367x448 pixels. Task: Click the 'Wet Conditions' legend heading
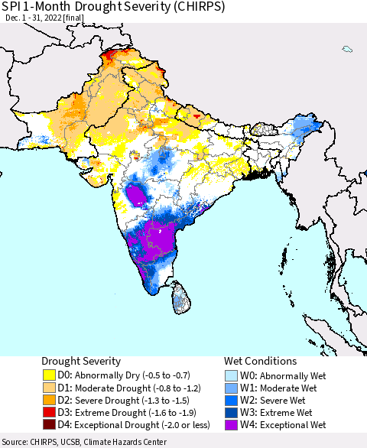click(260, 361)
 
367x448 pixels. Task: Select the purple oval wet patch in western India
click(137, 195)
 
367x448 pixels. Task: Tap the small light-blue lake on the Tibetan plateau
click(347, 50)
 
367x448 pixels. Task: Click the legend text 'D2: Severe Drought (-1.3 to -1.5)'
click(122, 400)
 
